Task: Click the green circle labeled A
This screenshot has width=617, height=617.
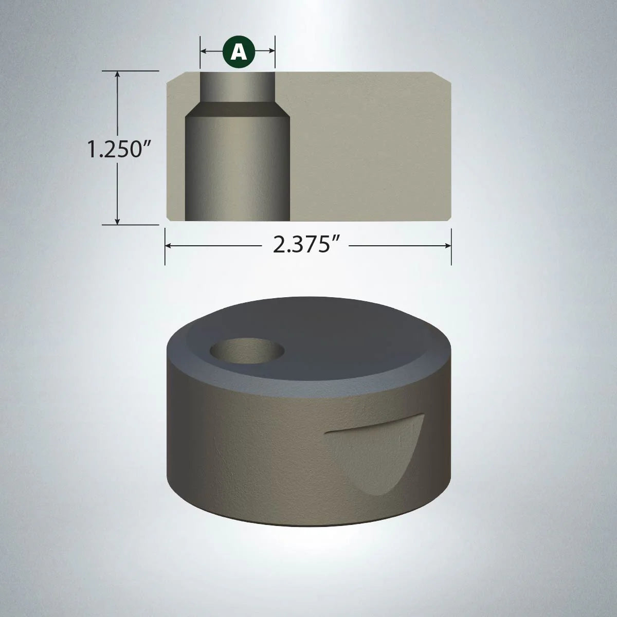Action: [x=238, y=51]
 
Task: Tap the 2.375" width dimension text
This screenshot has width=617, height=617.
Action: [x=308, y=246]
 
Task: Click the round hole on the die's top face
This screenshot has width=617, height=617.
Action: [x=248, y=351]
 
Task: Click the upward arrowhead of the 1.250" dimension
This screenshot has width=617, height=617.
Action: [x=118, y=75]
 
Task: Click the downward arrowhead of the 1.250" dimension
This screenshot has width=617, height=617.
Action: [x=118, y=221]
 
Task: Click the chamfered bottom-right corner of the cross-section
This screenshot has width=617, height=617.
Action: [x=448, y=217]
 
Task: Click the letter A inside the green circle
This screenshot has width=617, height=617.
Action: [x=238, y=51]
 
